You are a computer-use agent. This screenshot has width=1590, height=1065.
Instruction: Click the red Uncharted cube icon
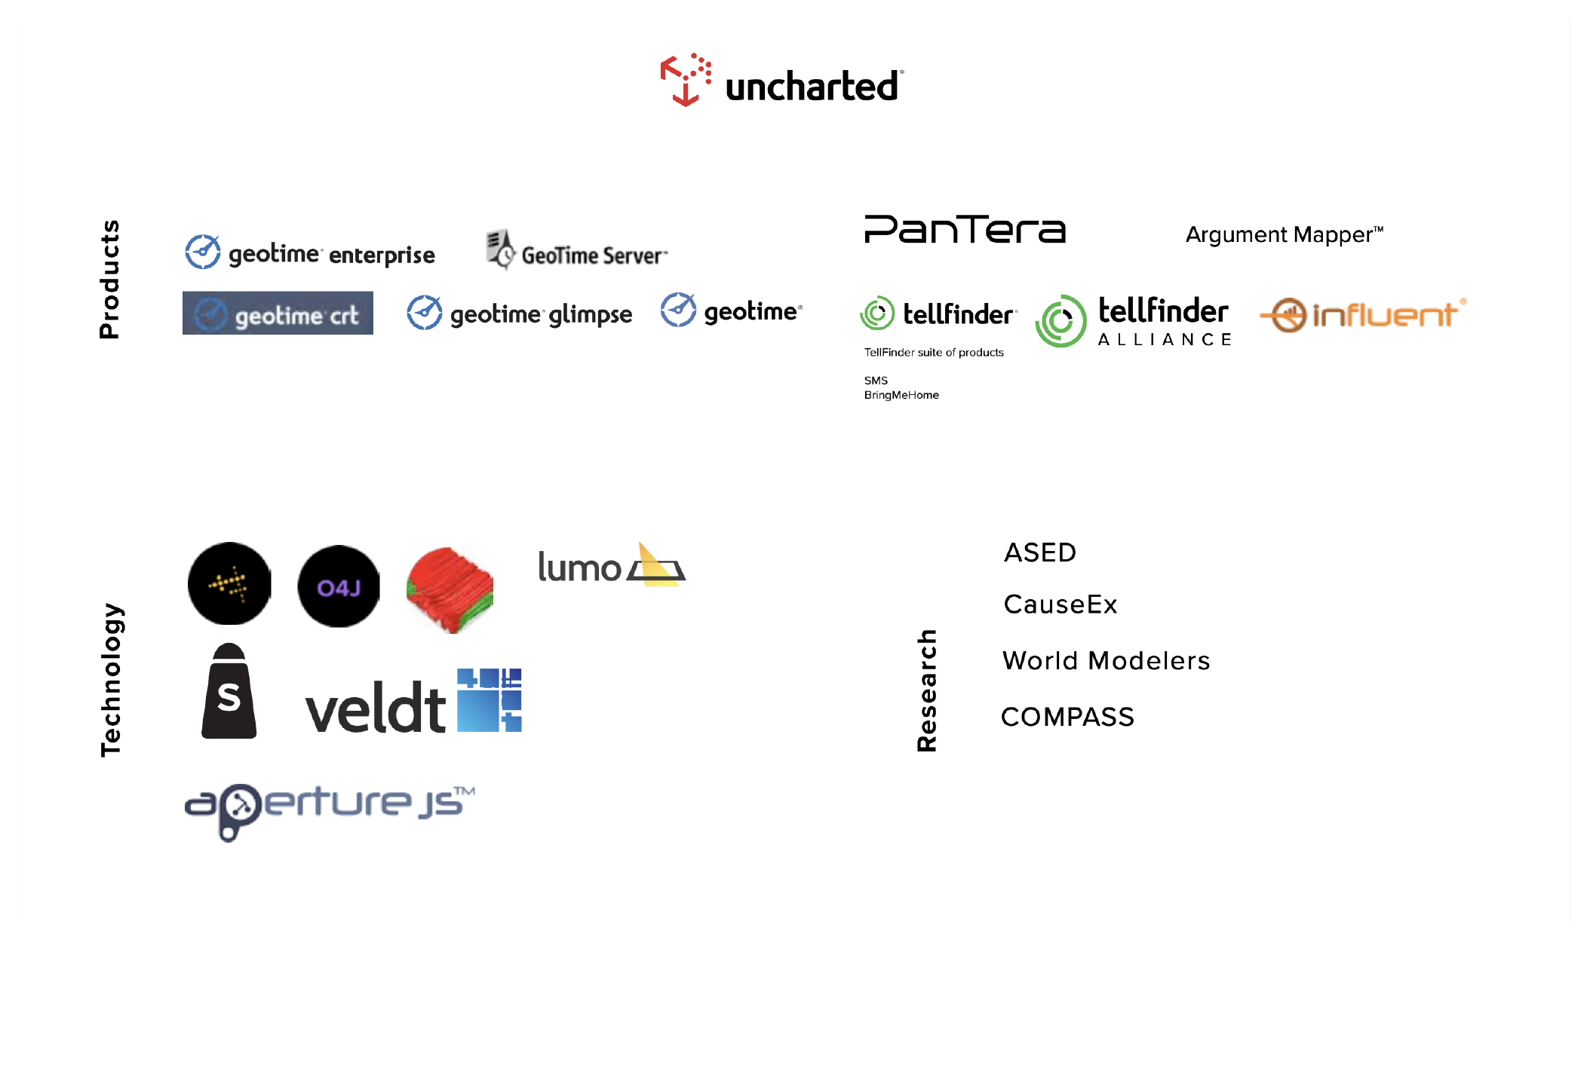pos(686,80)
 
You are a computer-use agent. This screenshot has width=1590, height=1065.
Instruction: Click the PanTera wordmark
pos(965,230)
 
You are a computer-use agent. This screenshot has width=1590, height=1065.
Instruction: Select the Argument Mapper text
pos(1284,235)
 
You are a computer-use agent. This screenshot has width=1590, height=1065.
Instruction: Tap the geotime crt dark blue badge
pos(278,314)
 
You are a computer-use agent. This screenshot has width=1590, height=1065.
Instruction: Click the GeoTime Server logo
pos(577,251)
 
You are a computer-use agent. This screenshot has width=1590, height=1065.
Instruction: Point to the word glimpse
pos(590,315)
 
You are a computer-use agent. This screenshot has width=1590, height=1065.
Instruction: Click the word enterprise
pos(382,256)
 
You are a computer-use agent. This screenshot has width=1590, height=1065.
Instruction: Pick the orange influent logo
pos(1362,314)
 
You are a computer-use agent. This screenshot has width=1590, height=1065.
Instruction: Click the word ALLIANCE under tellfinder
pos(1165,340)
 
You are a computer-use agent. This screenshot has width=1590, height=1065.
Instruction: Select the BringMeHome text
pos(901,395)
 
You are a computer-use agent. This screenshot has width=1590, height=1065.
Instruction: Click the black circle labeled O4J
pos(339,586)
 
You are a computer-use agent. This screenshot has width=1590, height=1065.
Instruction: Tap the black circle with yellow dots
pos(229,583)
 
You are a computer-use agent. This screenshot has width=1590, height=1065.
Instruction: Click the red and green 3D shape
pos(450,589)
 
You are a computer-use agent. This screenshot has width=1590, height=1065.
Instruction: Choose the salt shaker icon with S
pos(229,692)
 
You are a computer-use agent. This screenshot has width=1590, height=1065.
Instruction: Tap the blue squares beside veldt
pos(489,700)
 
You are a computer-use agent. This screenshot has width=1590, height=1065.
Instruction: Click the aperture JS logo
pos(330,808)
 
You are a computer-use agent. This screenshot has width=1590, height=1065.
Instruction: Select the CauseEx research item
pos(1060,604)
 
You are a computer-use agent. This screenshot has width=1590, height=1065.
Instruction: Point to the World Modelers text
pos(1106,661)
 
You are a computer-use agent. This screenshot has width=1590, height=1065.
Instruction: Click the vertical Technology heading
pos(111,679)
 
